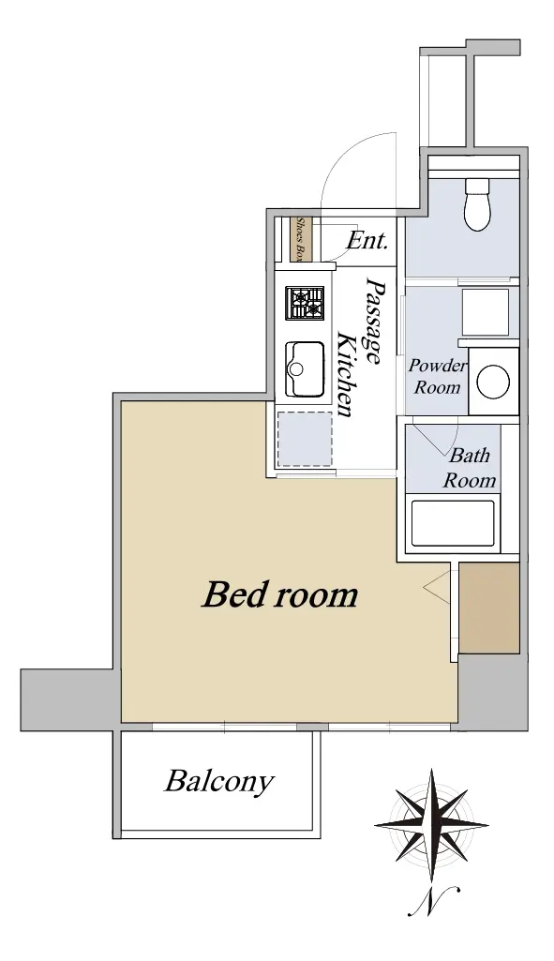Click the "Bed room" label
[x=280, y=594]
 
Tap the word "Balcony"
[x=218, y=782]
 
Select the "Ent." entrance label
[x=367, y=240]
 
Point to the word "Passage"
[x=372, y=320]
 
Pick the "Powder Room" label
[x=437, y=376]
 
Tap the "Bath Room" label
[x=470, y=468]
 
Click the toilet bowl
[x=478, y=204]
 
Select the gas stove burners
[x=305, y=304]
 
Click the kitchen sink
[x=305, y=369]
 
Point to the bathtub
[x=452, y=523]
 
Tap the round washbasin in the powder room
[x=493, y=382]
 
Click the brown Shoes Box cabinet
[x=302, y=239]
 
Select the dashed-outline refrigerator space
[x=305, y=439]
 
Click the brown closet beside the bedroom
[x=489, y=608]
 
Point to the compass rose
[x=432, y=826]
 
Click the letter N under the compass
[x=435, y=900]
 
